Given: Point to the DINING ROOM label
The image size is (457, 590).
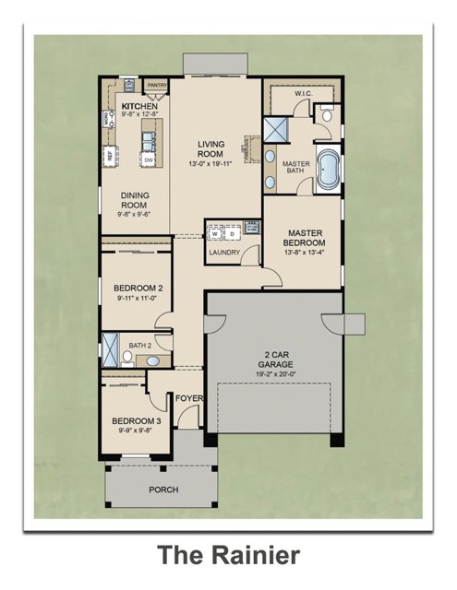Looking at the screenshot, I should [135, 201].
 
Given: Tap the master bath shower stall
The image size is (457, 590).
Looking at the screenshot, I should [275, 130].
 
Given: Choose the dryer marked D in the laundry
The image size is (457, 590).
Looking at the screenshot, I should [233, 232].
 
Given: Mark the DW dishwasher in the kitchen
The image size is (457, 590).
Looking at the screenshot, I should [148, 159].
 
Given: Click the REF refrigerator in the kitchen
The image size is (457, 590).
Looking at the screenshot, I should [109, 155].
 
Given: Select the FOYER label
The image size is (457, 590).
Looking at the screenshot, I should [188, 399].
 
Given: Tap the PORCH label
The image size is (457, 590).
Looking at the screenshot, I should [163, 490].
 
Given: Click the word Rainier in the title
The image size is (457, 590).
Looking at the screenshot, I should [257, 555].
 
